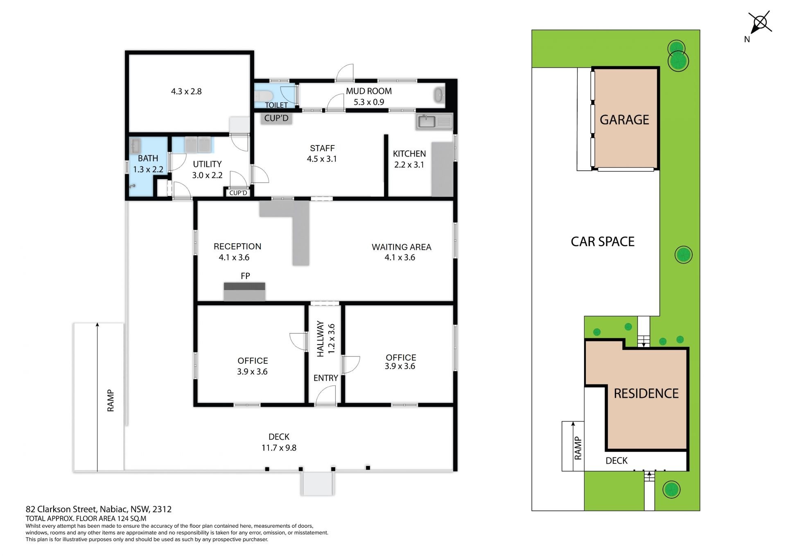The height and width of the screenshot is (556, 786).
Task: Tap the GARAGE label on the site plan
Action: (x=624, y=120)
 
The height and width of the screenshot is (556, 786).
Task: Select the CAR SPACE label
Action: (x=603, y=242)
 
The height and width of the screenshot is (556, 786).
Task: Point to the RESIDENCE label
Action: (x=646, y=393)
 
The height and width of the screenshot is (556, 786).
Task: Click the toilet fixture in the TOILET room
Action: (x=264, y=96)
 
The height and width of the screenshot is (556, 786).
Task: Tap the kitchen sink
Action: (x=427, y=121)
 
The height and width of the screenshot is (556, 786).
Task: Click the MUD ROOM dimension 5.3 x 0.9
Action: (x=369, y=102)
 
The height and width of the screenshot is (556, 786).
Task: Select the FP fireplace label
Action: (x=245, y=276)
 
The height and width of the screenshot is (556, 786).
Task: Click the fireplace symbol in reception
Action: (x=244, y=292)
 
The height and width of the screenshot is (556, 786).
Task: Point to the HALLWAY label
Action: (x=320, y=339)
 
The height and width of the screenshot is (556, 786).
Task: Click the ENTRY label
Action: (x=326, y=378)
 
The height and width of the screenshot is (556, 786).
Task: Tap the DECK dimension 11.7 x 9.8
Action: (x=279, y=448)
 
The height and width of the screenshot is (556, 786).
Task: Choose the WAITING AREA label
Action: (x=401, y=247)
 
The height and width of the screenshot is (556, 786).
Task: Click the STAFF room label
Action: (x=322, y=148)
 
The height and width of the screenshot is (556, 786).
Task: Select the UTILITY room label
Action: (x=207, y=164)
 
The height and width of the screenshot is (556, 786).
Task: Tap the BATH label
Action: (x=148, y=158)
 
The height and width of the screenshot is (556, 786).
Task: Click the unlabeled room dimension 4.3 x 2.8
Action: (x=186, y=91)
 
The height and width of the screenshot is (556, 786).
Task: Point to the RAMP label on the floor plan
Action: (x=111, y=400)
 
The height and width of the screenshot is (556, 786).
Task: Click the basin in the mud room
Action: (x=439, y=95)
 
